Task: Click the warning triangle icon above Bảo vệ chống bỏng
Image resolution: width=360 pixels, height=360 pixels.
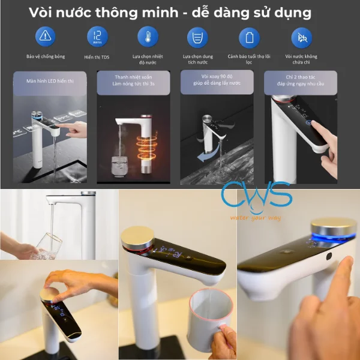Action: pyautogui.click(x=45, y=37)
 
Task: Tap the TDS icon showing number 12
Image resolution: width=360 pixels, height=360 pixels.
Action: pyautogui.click(x=97, y=37)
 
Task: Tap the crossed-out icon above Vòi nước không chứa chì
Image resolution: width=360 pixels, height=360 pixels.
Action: pyautogui.click(x=302, y=37)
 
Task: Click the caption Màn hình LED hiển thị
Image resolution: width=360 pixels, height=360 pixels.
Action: pyautogui.click(x=49, y=79)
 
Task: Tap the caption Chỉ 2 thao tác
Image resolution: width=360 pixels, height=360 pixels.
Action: pyautogui.click(x=301, y=77)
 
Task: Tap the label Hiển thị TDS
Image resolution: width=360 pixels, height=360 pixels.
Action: pyautogui.click(x=97, y=56)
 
